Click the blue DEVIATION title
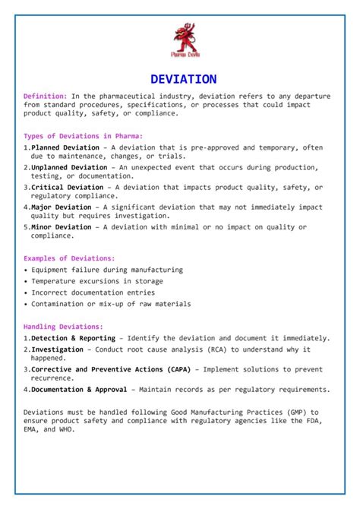[x=183, y=79]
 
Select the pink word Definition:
[x=46, y=96]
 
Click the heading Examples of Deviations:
[x=69, y=258]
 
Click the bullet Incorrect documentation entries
[x=93, y=292]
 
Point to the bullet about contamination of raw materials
[x=111, y=304]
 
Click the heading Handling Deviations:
[x=63, y=327]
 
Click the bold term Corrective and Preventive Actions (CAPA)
[x=111, y=370]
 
